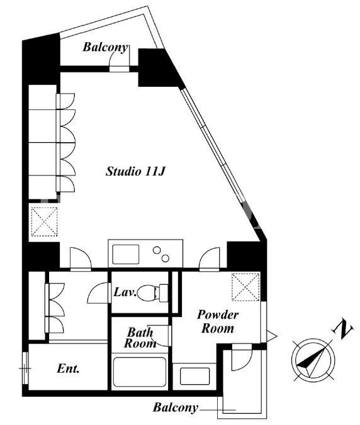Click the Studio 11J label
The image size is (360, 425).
[135, 172]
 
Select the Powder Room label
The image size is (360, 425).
[218, 321]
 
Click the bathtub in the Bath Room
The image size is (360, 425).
[140, 372]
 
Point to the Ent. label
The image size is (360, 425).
[68, 368]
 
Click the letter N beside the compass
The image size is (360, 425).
[342, 329]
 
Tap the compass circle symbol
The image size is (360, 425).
[313, 360]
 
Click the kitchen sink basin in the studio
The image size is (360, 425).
[126, 254]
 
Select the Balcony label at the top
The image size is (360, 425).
[105, 47]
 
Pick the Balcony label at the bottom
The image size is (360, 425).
[175, 407]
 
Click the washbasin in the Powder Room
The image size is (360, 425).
[194, 376]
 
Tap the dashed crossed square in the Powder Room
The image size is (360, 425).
[245, 287]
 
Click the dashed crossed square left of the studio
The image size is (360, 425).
[44, 221]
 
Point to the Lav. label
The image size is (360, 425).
[125, 292]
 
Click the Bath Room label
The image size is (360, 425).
[140, 338]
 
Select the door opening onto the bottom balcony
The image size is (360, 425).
[242, 357]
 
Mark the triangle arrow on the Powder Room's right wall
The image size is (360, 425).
[272, 336]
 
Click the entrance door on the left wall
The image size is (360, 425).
[25, 368]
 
